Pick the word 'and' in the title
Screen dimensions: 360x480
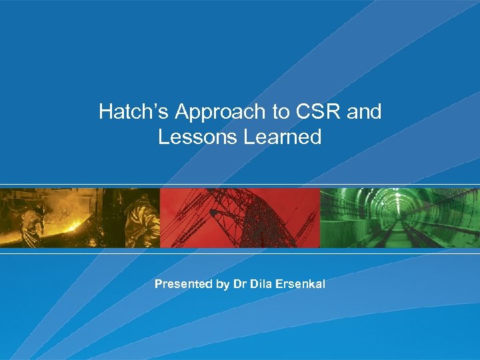(x=364, y=112)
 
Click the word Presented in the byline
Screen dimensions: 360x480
(x=180, y=284)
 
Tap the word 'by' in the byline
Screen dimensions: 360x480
(x=223, y=284)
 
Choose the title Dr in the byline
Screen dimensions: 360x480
(x=240, y=284)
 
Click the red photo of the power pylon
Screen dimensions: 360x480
(x=240, y=218)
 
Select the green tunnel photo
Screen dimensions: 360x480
(x=400, y=218)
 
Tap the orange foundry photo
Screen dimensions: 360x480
(x=80, y=218)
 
